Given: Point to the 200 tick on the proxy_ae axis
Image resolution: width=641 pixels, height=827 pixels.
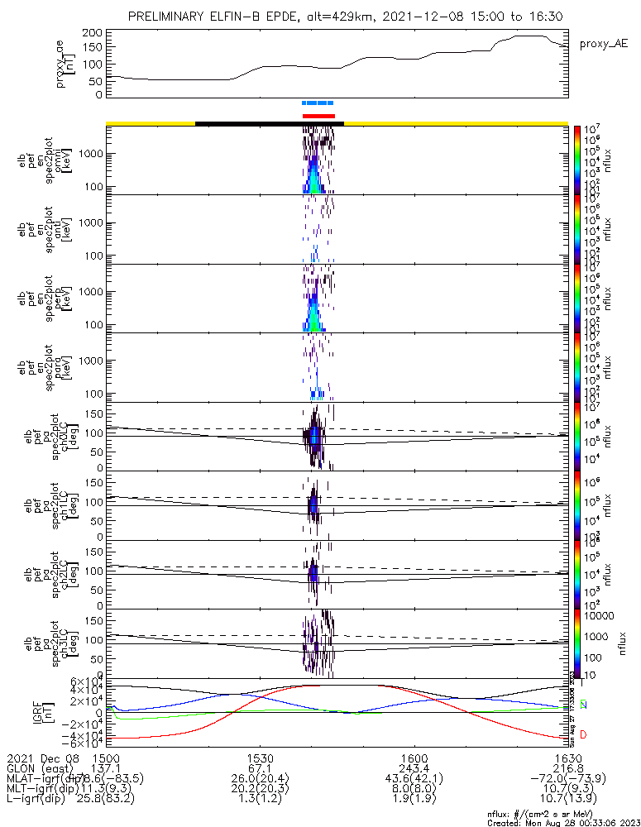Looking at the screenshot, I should click(x=92, y=32).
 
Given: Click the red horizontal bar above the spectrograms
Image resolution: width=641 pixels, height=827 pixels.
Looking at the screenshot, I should click(x=318, y=116).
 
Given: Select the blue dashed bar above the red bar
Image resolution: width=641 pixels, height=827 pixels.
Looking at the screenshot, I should click(x=318, y=103).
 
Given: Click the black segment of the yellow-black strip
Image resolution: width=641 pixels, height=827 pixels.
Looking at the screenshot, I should click(x=269, y=123).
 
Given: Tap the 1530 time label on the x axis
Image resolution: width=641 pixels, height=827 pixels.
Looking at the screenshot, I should click(x=260, y=758).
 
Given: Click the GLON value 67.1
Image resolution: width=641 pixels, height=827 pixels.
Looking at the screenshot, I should click(x=260, y=767).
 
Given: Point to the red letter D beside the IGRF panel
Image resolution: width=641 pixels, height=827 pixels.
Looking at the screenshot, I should click(x=583, y=735).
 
